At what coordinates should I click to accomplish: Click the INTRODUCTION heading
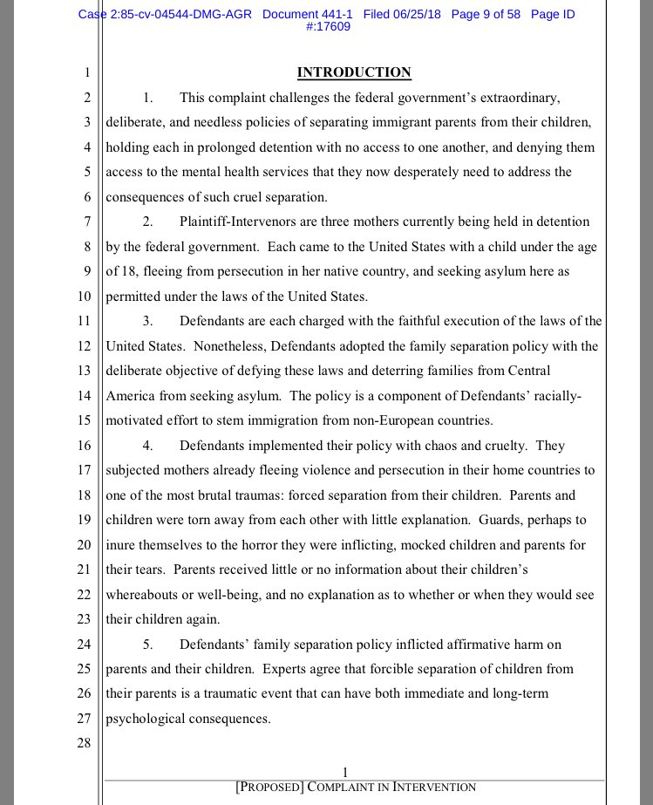354,72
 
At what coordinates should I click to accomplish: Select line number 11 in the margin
84,321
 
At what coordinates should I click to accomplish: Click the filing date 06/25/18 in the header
413,15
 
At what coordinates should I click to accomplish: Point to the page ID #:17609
328,28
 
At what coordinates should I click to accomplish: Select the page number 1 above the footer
346,772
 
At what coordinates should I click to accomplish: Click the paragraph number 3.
148,321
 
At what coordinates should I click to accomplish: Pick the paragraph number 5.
148,645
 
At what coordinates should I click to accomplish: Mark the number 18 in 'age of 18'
130,271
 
